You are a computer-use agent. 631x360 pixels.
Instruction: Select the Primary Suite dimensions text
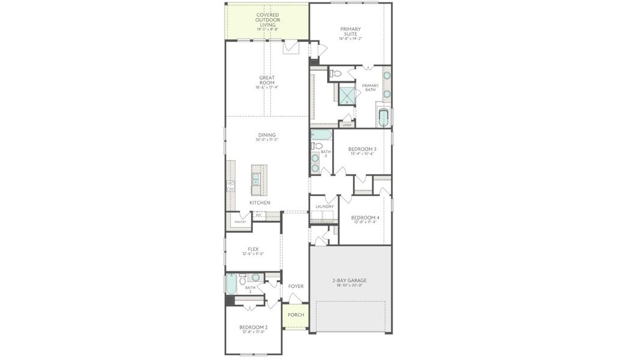(350, 39)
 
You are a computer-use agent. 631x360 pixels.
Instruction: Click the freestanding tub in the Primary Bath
(384, 117)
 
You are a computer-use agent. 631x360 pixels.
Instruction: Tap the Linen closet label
(347, 125)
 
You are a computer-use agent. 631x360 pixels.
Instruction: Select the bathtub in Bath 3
(321, 134)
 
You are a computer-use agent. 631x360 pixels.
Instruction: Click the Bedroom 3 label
(362, 149)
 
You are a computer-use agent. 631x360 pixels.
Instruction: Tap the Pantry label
(240, 222)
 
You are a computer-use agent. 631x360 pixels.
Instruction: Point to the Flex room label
(253, 249)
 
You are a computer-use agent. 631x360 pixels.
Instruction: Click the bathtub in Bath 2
(231, 284)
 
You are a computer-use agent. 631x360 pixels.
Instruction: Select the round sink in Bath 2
(256, 278)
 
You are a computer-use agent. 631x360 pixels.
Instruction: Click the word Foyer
(295, 286)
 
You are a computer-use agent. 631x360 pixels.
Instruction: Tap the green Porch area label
(295, 315)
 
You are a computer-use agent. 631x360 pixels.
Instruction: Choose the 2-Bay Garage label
(349, 280)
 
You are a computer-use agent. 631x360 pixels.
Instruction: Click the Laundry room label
(324, 206)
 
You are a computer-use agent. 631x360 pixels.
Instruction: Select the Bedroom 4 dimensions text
(365, 223)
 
